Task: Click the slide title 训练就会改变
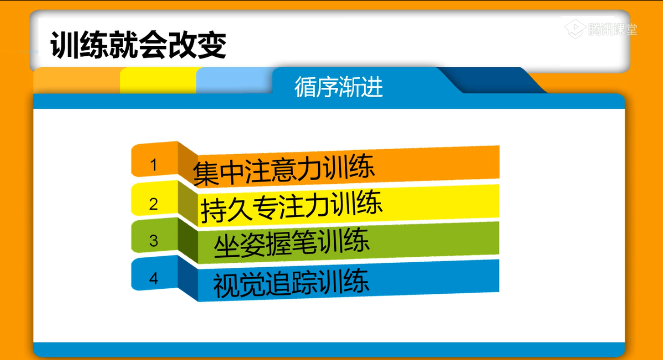pyautogui.click(x=138, y=45)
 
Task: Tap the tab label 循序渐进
pyautogui.click(x=339, y=87)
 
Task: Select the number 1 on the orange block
pyautogui.click(x=154, y=165)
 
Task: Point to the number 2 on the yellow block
pyautogui.click(x=154, y=204)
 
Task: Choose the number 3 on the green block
pyautogui.click(x=154, y=241)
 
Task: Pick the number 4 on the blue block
pyautogui.click(x=154, y=278)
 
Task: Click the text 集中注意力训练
pyautogui.click(x=283, y=170)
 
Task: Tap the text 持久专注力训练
pyautogui.click(x=291, y=207)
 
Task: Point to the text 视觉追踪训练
pyautogui.click(x=291, y=283)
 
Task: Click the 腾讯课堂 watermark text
pyautogui.click(x=612, y=29)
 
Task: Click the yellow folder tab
pyautogui.click(x=159, y=80)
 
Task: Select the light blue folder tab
pyautogui.click(x=234, y=80)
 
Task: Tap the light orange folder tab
pyautogui.click(x=77, y=80)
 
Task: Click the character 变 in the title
pyautogui.click(x=212, y=45)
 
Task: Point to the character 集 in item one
pyautogui.click(x=206, y=174)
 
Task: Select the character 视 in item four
pyautogui.click(x=226, y=285)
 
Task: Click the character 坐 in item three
pyautogui.click(x=227, y=247)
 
